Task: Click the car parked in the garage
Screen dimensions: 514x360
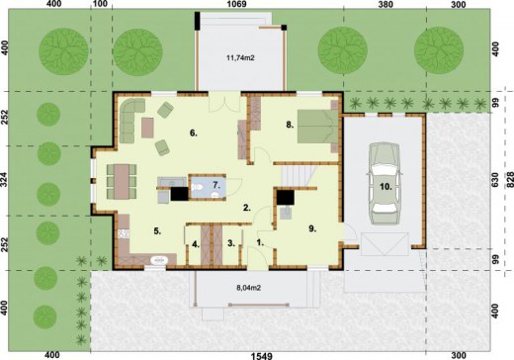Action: point(385,183)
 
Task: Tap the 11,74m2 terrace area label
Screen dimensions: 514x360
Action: point(240,58)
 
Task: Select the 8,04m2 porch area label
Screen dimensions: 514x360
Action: point(249,288)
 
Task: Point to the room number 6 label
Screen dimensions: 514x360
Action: point(194,133)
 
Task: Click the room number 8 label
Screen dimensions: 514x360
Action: point(290,125)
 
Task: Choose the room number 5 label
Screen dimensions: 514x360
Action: point(157,231)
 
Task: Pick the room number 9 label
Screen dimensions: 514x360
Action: point(312,228)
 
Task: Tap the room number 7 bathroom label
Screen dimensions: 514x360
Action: point(216,185)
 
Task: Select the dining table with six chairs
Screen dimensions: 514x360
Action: point(122,182)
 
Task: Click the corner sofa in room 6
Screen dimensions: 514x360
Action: point(130,119)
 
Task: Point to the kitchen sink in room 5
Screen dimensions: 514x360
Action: point(159,260)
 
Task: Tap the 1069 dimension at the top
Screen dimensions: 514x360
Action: point(237,4)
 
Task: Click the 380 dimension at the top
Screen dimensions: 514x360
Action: point(385,4)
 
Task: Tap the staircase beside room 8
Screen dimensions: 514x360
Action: point(297,176)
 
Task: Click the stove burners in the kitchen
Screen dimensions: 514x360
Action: point(124,233)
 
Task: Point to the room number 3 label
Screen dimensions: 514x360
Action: point(231,243)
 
